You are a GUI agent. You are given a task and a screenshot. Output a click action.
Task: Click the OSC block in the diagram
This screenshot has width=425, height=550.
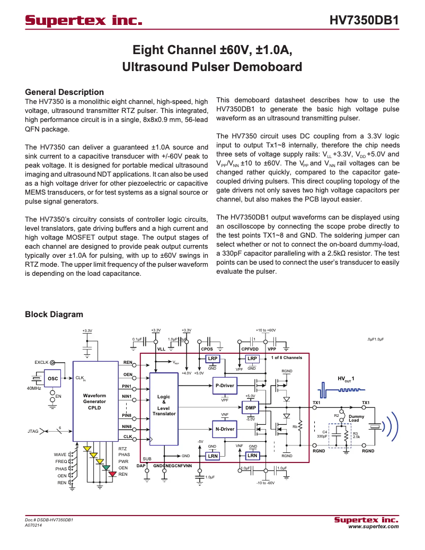[x=52, y=379]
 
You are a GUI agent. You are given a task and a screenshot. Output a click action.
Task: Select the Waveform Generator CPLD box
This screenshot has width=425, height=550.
[x=95, y=401]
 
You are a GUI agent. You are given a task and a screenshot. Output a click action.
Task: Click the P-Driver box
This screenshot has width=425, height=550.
[x=224, y=386]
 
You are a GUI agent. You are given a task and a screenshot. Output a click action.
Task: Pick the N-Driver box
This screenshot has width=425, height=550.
[x=224, y=429]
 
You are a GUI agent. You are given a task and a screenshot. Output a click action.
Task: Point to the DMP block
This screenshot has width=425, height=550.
[x=251, y=407]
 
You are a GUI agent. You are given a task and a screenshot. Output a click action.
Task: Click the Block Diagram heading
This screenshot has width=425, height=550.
[x=54, y=315]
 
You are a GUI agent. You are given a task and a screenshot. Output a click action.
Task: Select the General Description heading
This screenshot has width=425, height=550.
[x=64, y=92]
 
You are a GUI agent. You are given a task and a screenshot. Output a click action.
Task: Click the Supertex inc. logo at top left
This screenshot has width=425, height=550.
[x=84, y=21]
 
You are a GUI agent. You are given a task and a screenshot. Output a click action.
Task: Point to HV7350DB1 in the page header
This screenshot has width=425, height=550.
[x=364, y=21]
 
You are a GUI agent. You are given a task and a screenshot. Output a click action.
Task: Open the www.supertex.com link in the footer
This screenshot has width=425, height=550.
[x=373, y=527]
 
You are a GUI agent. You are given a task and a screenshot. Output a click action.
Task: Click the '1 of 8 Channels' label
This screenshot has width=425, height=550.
[x=286, y=357]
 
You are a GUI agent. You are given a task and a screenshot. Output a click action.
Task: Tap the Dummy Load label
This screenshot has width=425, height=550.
[x=353, y=418]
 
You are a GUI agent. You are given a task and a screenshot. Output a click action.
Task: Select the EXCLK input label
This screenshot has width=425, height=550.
[x=41, y=362]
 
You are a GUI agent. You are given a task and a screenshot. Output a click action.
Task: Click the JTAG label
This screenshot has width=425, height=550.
[x=33, y=431]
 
